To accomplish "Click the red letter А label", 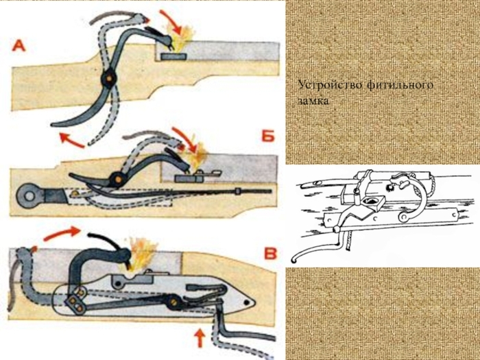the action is point(19,46).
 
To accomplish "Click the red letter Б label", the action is point(268,136).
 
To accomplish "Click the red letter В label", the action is point(270,254).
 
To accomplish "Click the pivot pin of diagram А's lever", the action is point(108,79).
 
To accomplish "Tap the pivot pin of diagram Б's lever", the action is point(117,179).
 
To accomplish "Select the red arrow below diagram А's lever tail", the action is point(71,141).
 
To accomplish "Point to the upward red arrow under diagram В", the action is point(200,338).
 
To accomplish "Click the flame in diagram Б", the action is point(198,156).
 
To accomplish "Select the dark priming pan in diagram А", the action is point(173,56).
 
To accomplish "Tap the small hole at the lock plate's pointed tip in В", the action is point(246,302).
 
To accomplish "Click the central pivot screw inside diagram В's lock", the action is point(173,302).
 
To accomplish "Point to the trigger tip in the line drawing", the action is point(293,261).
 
